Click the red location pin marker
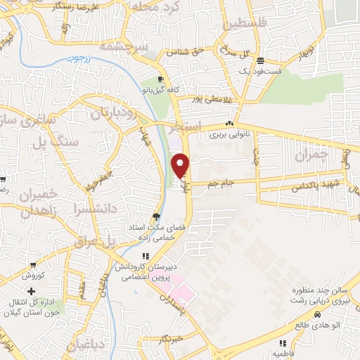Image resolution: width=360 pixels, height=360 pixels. (x=181, y=165)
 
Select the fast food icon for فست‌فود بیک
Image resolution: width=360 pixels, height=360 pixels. (x=260, y=60)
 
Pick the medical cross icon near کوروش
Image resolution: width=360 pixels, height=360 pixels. (x=31, y=291)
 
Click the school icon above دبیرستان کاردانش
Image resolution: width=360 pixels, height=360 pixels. (x=145, y=257)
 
